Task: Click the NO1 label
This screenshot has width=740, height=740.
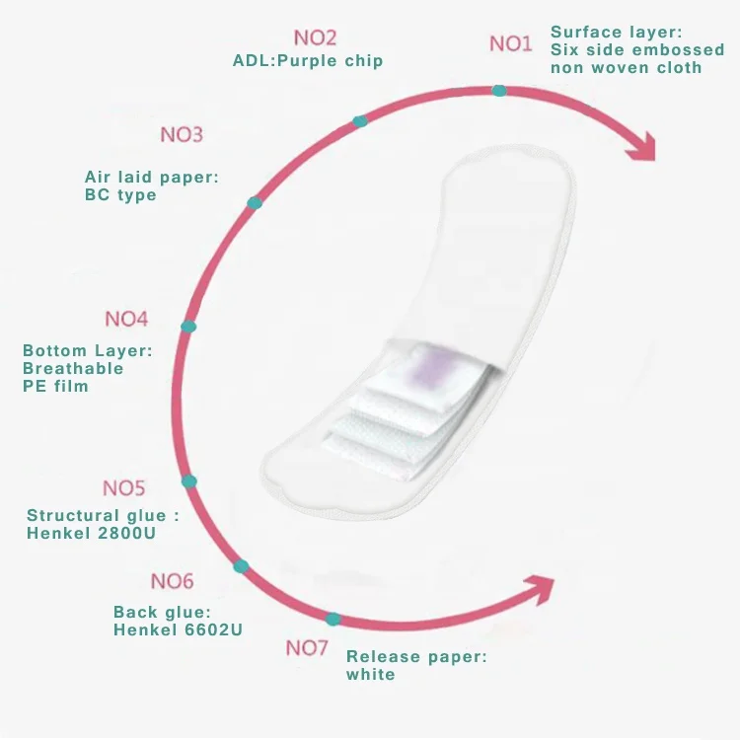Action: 510,43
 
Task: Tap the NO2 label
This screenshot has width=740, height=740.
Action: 315,37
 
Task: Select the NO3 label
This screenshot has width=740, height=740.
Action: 182,134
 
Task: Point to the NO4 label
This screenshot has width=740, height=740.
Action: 126,319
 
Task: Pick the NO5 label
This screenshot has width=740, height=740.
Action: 123,488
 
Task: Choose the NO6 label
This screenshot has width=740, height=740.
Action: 172,581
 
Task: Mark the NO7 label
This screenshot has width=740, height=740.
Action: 307,648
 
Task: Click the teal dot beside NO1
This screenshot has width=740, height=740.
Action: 499,90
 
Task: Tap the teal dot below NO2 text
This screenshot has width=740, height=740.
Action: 360,121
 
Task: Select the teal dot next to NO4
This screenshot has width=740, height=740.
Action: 188,326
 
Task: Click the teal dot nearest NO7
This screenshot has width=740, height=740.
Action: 333,619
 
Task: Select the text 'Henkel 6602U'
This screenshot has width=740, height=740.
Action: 178,629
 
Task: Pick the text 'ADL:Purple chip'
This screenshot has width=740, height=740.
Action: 308,61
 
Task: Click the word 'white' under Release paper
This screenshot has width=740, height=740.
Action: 370,674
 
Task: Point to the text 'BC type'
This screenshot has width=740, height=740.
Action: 120,194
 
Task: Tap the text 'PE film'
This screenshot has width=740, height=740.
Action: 55,386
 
